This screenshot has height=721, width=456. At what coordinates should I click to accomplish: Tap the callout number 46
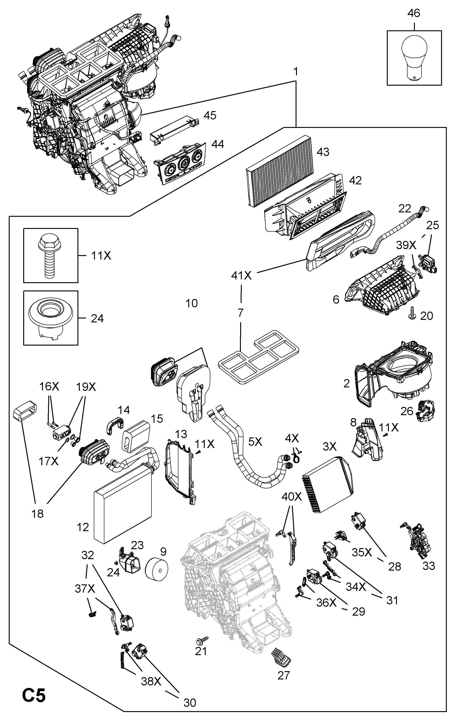coord(414,13)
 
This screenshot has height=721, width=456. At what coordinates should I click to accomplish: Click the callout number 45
coord(210,115)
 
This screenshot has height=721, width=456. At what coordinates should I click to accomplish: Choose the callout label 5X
coord(255,442)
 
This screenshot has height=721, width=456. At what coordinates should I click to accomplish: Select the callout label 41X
coord(241,276)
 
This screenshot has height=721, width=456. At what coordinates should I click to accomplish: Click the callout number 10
coord(192,303)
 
